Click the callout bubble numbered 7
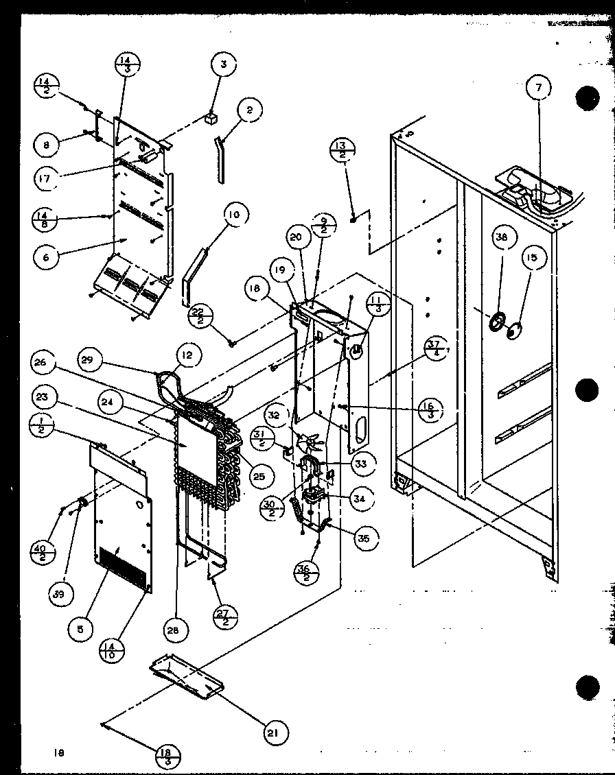pyautogui.click(x=539, y=88)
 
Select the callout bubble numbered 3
pyautogui.click(x=223, y=67)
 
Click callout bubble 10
pyautogui.click(x=235, y=215)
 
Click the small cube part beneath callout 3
pyautogui.click(x=211, y=117)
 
